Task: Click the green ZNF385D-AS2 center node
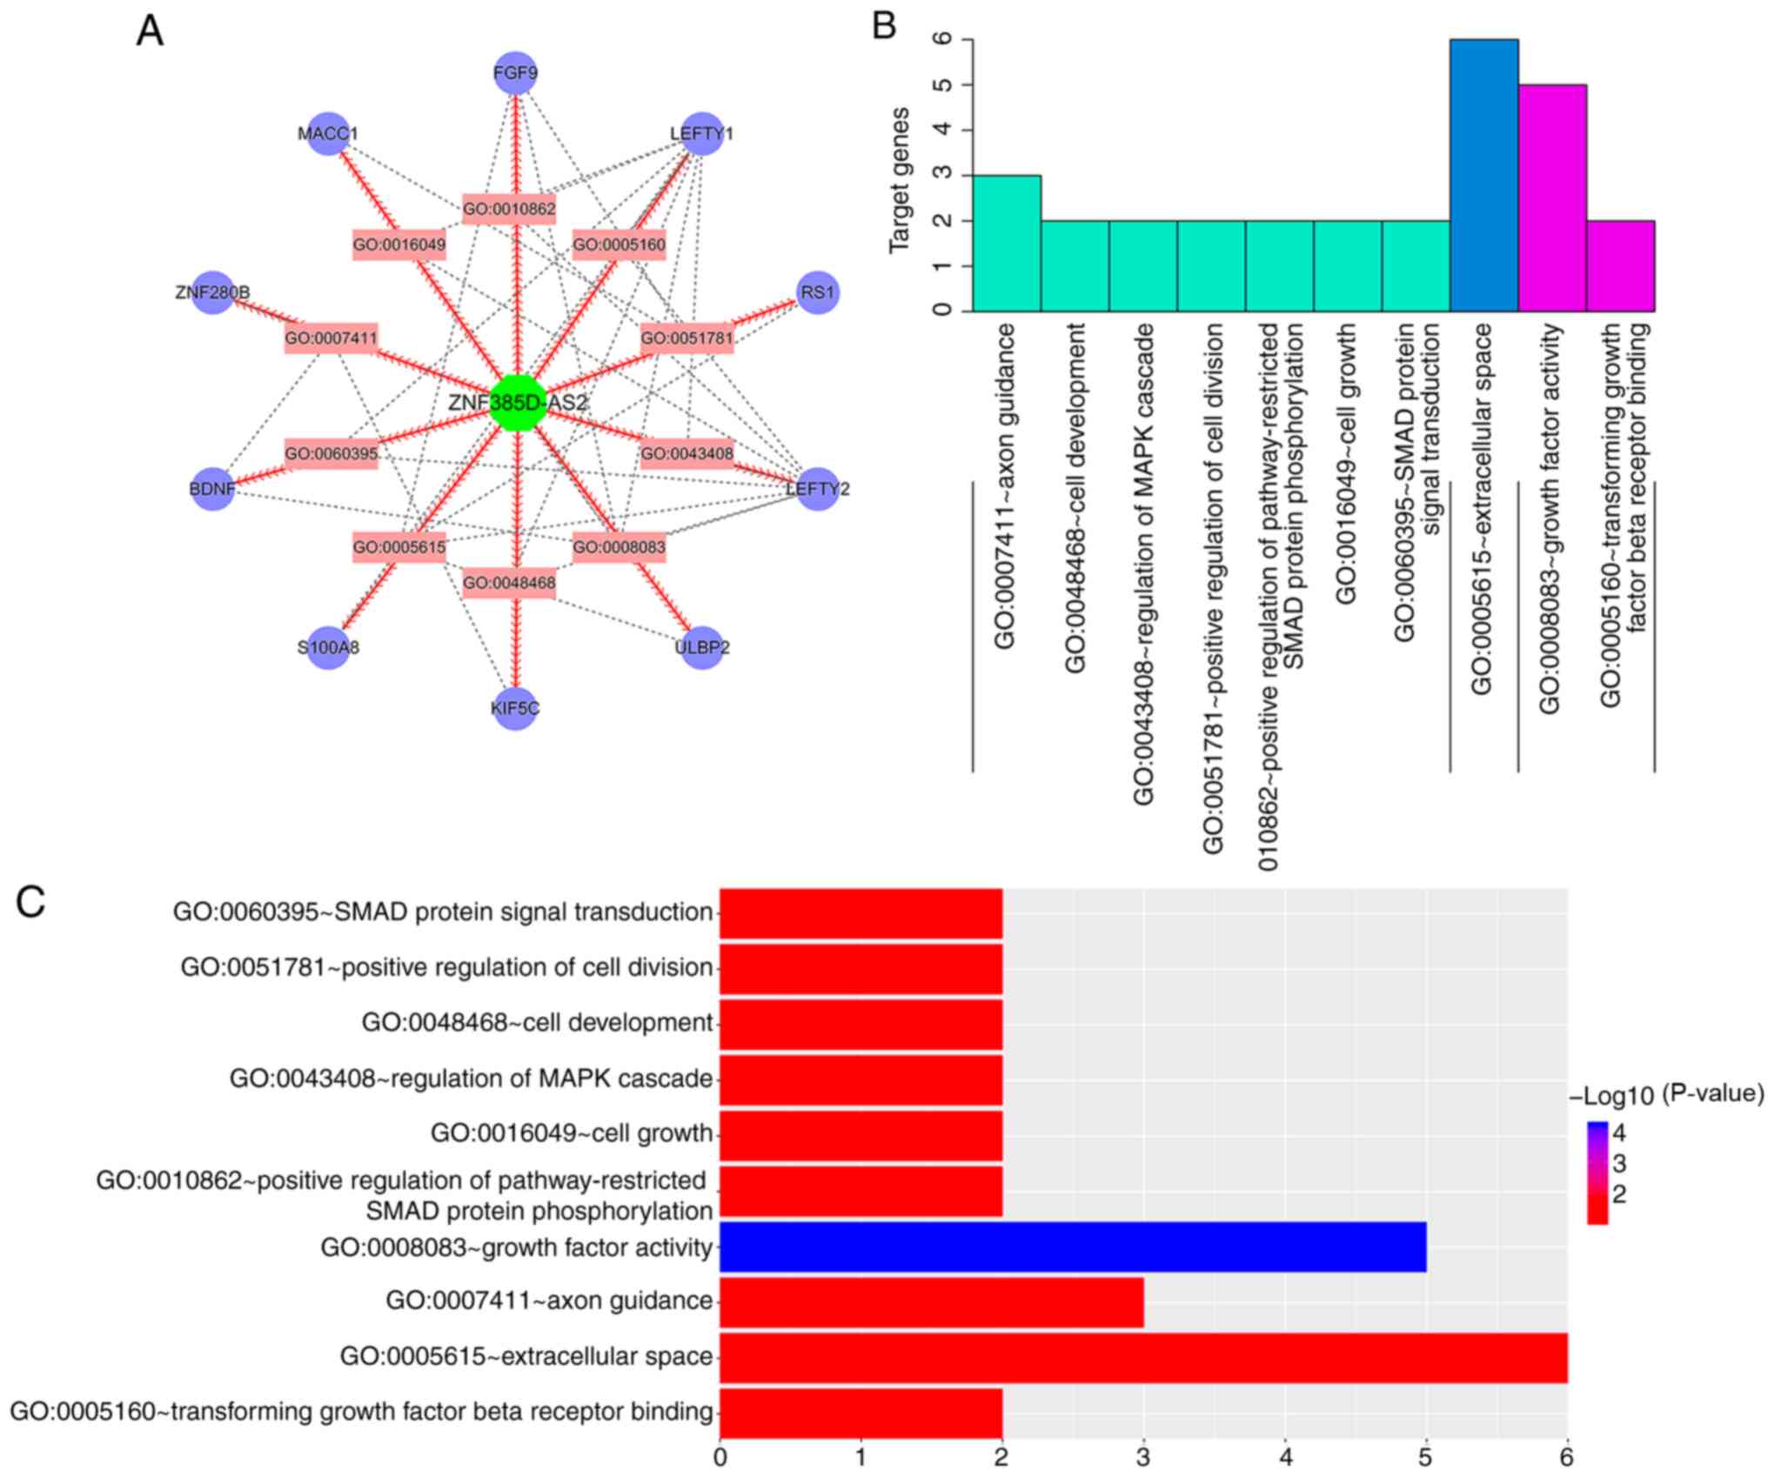[518, 403]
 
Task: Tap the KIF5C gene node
[516, 708]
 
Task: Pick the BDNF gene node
[212, 489]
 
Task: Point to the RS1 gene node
[817, 292]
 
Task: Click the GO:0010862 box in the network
[509, 209]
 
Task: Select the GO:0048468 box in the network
[509, 583]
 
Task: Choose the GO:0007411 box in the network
[331, 338]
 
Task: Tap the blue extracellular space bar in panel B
[1483, 174]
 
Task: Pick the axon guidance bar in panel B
[1006, 244]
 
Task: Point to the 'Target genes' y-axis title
[899, 180]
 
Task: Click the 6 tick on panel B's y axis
[941, 39]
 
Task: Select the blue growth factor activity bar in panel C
[1072, 1246]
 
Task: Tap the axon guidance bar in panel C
[931, 1301]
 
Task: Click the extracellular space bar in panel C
[1142, 1357]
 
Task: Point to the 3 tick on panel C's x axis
[1143, 1457]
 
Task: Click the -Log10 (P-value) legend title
[1666, 1095]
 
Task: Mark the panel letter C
[31, 902]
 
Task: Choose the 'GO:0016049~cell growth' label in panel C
[571, 1133]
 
